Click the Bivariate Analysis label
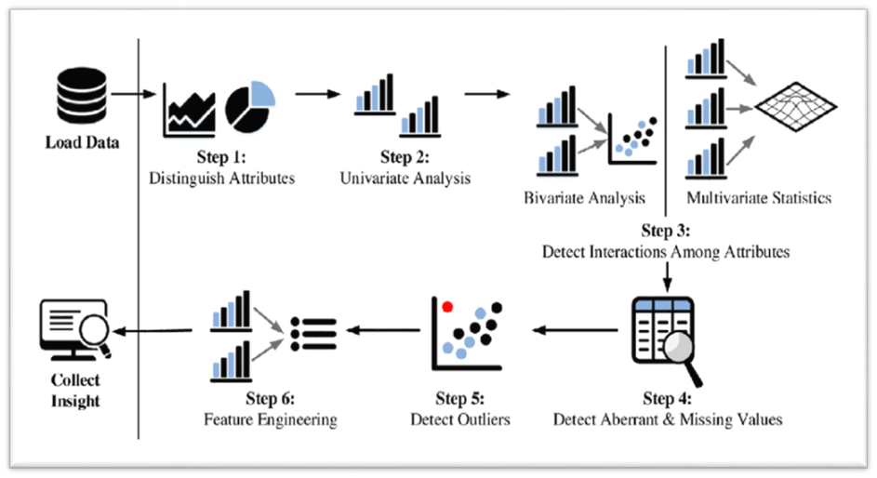pos(583,198)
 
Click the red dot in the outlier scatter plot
pos(447,306)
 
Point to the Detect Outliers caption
pos(460,419)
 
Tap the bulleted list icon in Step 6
pos(312,333)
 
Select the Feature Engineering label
pos(271,419)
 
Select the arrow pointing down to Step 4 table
pos(666,275)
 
